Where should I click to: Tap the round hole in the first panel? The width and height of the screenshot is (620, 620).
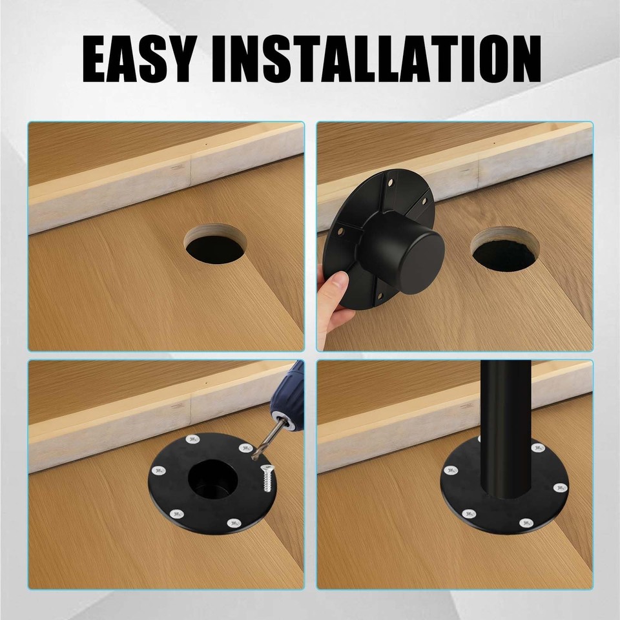click(x=216, y=245)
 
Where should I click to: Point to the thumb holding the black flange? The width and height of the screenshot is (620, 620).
click(x=336, y=285)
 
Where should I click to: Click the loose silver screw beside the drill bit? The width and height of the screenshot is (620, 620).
click(x=264, y=479)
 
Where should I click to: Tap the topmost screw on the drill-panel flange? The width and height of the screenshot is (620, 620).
click(x=192, y=440)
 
